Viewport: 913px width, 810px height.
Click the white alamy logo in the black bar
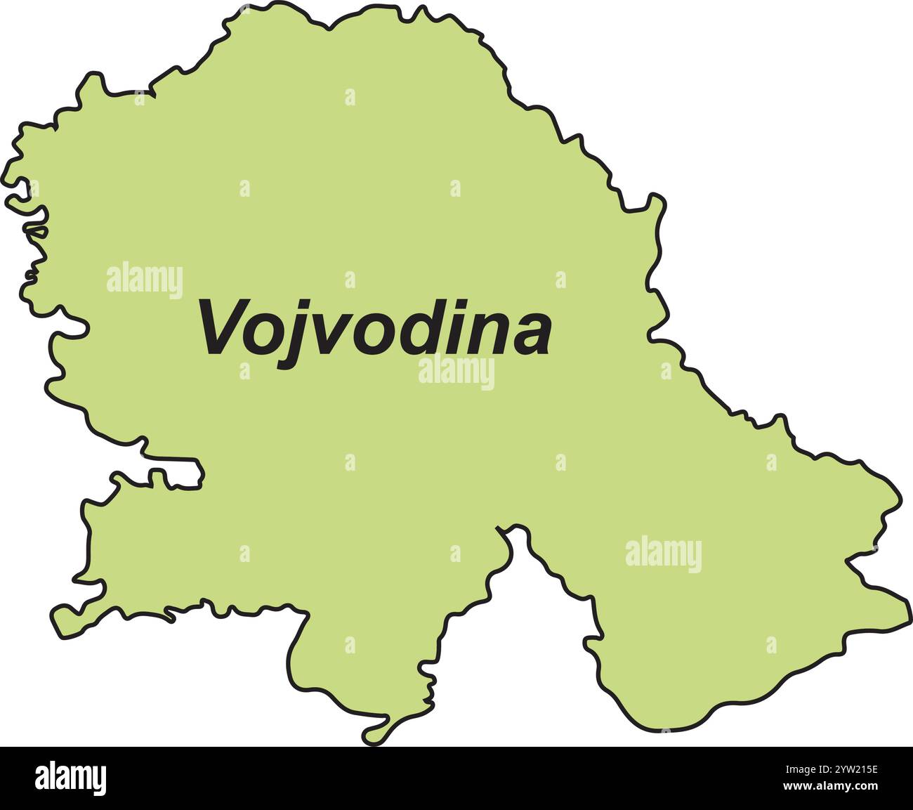70,778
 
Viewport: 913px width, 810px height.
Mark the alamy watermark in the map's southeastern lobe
663,554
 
